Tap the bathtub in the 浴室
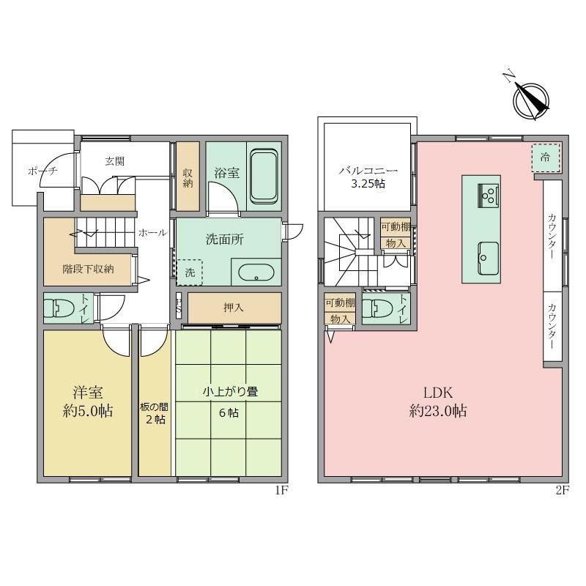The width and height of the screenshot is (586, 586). pos(264,177)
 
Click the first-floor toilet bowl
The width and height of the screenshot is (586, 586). pos(60,308)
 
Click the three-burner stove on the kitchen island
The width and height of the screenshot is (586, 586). pos(488,195)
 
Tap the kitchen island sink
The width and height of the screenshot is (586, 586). pos(488,259)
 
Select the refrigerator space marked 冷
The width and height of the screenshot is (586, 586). pos(546,157)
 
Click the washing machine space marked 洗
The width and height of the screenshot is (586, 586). pos(190,272)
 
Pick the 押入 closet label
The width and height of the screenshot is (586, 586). pos(234,308)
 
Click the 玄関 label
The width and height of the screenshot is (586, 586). pos(115,161)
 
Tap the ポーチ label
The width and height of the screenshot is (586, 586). pos(42,171)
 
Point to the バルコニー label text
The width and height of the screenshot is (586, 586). pos(368,171)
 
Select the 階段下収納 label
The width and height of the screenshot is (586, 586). pos(88,269)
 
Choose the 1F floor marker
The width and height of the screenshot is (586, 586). pos(281,490)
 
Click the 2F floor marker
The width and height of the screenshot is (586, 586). pos(562,490)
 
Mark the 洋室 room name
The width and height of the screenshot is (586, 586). pos(88,393)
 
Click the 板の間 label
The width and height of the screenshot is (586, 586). pos(154,407)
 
